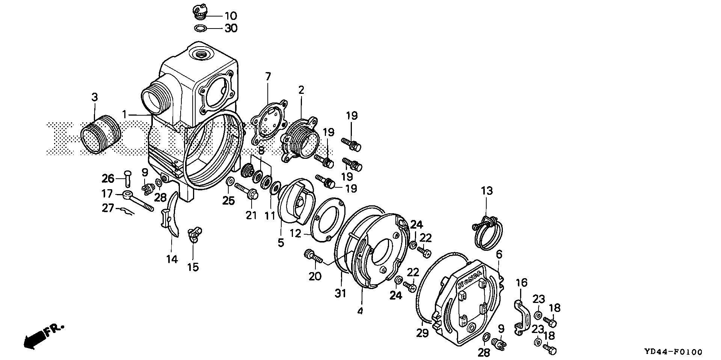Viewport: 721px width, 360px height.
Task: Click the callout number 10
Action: (231, 16)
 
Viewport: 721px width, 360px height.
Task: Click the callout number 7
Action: (267, 77)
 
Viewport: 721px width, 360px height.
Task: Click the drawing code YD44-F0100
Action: (673, 352)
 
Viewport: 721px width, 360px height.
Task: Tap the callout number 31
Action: (341, 293)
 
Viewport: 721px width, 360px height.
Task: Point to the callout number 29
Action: (422, 333)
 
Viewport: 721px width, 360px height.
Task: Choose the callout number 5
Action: (281, 243)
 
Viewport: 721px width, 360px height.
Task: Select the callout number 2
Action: (301, 90)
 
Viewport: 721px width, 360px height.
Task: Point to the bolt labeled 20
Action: (312, 256)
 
